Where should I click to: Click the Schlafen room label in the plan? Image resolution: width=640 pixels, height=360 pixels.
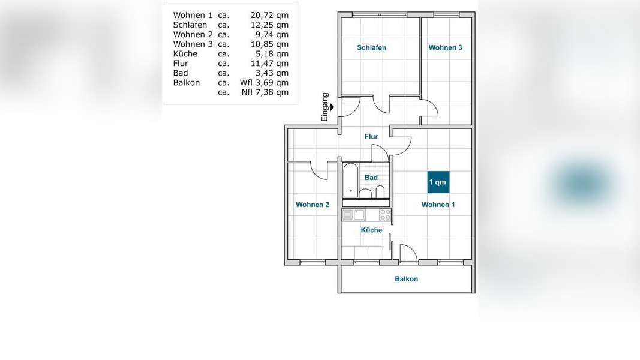pos(371,48)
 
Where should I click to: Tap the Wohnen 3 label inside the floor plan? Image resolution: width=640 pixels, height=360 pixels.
pos(445,48)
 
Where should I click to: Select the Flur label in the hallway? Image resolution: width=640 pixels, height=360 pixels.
pos(371,137)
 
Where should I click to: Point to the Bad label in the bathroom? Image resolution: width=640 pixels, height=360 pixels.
pos(371,178)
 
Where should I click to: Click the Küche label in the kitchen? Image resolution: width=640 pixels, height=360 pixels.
pos(371,230)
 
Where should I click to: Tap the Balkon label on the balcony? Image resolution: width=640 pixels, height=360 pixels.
pos(406,279)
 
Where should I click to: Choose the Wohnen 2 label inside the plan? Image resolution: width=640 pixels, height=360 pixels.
pos(313,205)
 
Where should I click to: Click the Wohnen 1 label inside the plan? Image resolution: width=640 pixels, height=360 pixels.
pos(438,205)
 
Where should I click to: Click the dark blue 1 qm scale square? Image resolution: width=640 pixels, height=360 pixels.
pos(438,182)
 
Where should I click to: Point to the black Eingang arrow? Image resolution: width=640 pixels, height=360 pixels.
pos(332,107)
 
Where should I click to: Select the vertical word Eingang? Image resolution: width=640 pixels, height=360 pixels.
pos(325,107)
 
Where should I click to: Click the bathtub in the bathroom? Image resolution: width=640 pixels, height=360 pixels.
pos(351,181)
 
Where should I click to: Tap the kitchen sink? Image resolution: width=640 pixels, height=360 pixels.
pos(353,215)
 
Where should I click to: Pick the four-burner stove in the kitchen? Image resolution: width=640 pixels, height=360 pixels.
pos(385,215)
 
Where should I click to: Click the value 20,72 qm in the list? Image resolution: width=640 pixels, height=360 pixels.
pos(269,15)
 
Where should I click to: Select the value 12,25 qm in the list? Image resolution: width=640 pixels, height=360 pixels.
pos(269,25)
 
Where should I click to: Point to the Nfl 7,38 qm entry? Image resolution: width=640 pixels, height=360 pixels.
pos(265,92)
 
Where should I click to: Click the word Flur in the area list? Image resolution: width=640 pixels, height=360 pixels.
pos(181,63)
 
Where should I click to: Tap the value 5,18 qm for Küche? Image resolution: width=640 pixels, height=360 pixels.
pos(272,54)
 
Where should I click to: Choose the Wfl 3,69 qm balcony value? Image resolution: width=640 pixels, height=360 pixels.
pos(264,82)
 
